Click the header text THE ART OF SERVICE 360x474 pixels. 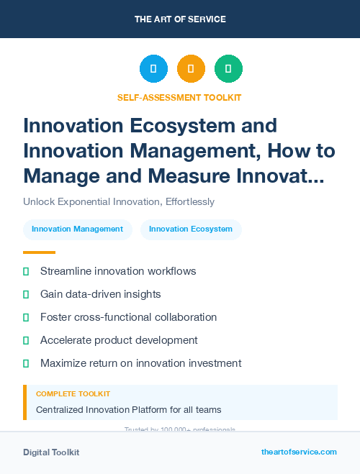pos(180,19)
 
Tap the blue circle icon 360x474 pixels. pos(153,69)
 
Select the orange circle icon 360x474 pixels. pos(191,69)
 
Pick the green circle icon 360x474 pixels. pos(228,69)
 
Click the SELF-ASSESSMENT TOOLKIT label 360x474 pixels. pos(179,97)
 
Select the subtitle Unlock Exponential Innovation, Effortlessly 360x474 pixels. pos(119,201)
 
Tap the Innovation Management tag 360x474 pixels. pos(78,229)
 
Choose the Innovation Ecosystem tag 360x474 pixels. pos(191,229)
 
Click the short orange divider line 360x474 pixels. pos(39,252)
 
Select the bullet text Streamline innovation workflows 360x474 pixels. pos(118,271)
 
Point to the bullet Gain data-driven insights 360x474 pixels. pos(100,294)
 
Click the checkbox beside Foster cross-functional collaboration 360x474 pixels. pos(27,317)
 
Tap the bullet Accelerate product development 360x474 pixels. pos(119,340)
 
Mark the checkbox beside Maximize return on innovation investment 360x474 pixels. pos(27,363)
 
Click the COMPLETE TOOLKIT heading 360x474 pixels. pos(73,394)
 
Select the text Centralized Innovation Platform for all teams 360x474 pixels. pos(128,410)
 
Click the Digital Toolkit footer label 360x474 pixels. pos(51,452)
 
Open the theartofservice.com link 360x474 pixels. pos(299,452)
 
